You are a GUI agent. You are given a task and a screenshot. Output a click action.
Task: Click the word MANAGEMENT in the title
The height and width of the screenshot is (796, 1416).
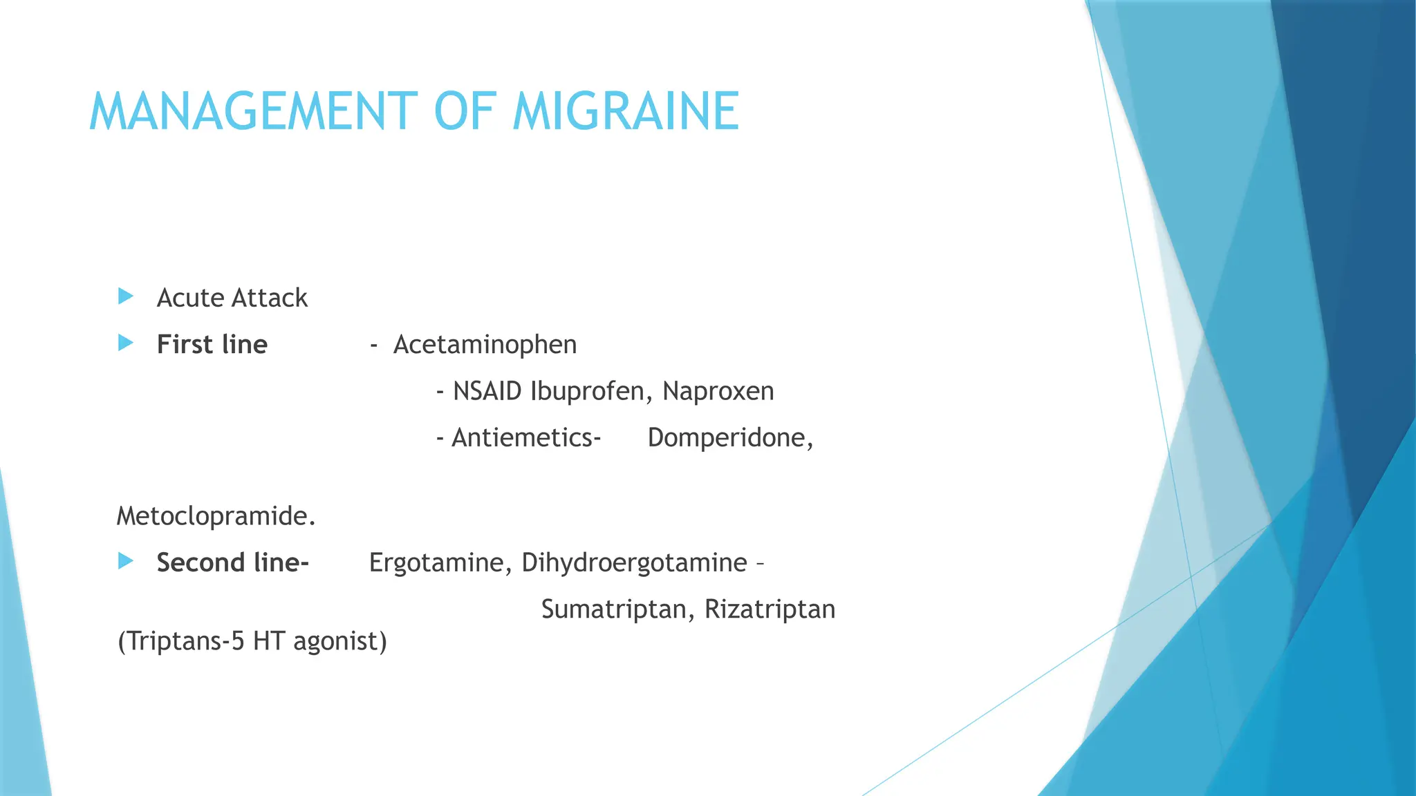click(253, 111)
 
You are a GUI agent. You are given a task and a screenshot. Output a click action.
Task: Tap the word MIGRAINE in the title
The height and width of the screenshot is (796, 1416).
click(626, 111)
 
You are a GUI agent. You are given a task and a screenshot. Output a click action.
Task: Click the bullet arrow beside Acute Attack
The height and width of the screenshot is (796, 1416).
click(126, 296)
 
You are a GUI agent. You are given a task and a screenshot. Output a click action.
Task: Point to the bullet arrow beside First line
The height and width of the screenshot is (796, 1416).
click(126, 343)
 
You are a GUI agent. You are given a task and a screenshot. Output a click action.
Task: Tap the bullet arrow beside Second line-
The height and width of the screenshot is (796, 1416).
click(126, 560)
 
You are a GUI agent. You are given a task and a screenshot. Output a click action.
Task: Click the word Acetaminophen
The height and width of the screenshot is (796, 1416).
click(485, 345)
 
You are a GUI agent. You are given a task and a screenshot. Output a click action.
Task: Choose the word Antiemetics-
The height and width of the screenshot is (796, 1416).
click(526, 438)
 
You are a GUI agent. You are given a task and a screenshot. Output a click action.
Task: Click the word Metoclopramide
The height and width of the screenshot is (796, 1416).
click(215, 516)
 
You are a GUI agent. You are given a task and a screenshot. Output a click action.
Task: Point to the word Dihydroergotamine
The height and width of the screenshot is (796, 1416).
click(634, 563)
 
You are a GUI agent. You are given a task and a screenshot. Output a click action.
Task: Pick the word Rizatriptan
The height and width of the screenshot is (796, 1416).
click(770, 609)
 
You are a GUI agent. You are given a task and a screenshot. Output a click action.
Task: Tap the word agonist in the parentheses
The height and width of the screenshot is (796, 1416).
click(339, 641)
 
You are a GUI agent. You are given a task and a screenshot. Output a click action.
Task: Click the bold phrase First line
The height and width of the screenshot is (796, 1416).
click(212, 345)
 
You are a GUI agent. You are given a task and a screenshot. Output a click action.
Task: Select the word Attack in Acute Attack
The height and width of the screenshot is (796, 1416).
click(270, 298)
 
